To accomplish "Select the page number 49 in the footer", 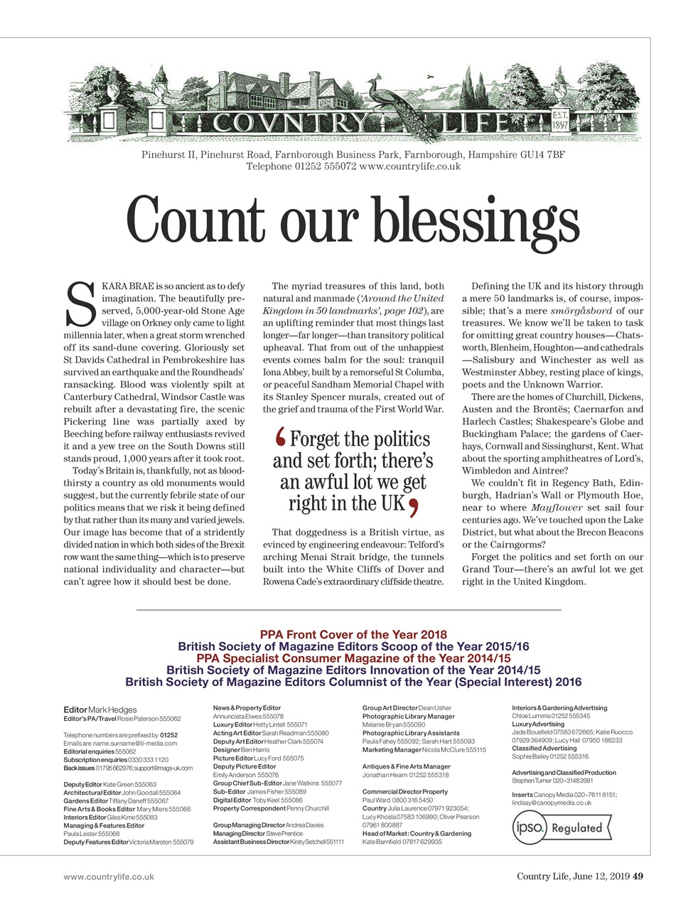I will point(638,877).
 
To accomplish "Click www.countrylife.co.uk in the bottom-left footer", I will point(109,877).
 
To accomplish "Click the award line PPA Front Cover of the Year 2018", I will point(353,634).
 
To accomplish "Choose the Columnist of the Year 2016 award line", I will point(353,682).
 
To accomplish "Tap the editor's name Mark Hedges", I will point(112,710).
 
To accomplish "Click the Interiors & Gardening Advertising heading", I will point(559,708).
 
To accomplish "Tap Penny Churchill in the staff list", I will point(308,808).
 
